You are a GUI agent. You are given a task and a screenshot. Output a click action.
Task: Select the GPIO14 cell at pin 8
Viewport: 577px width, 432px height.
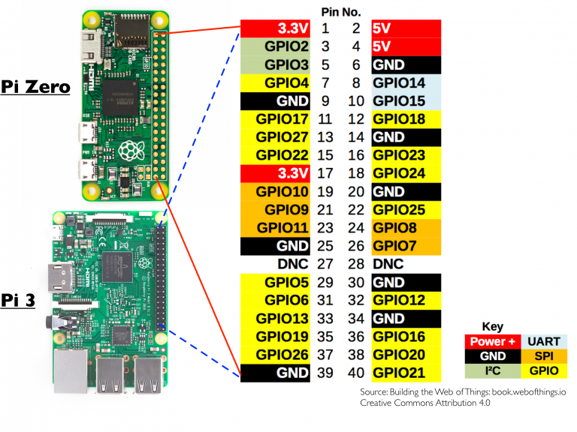pos(405,82)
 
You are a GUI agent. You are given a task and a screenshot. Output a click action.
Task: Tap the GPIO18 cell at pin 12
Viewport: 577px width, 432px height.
pos(405,118)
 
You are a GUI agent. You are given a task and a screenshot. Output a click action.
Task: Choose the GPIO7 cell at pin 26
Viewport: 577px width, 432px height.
pos(405,245)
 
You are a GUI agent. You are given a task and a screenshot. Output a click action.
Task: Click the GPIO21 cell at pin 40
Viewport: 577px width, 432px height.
pos(405,373)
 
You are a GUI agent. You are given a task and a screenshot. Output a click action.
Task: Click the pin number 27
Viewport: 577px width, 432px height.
pos(325,264)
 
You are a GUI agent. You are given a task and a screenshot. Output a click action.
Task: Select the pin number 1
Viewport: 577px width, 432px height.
pos(325,28)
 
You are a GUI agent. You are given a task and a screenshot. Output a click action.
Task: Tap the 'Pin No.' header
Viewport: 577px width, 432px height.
pos(340,12)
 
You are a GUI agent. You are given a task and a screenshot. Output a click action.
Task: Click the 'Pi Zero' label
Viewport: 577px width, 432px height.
pos(35,87)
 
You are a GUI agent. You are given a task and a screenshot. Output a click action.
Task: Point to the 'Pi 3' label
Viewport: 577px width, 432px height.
pos(20,301)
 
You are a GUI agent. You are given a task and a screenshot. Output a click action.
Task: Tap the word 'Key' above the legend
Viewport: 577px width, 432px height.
pos(492,327)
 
